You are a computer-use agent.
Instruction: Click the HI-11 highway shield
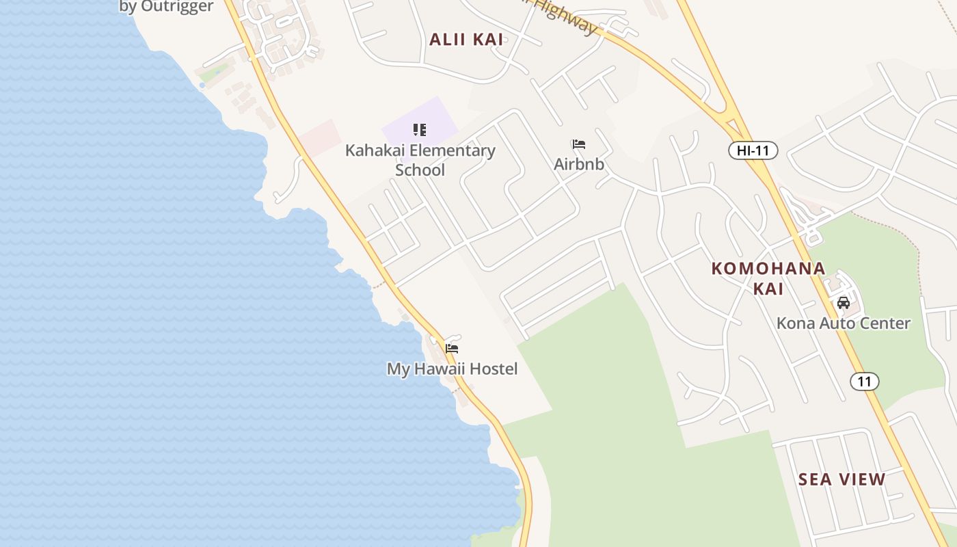pos(753,150)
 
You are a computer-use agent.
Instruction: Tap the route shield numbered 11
pos(865,382)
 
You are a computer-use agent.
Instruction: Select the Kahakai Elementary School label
pos(420,160)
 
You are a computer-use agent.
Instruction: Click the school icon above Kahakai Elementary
pos(420,130)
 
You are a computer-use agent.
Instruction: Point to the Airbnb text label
pos(579,164)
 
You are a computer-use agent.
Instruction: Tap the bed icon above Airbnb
pos(579,144)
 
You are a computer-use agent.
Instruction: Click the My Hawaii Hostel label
pos(452,369)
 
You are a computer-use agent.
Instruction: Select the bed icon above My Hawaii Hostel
pos(452,348)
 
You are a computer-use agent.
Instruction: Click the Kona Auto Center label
pos(843,323)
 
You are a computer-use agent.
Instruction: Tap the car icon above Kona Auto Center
pos(844,302)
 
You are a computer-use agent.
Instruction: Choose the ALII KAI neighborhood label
pos(466,40)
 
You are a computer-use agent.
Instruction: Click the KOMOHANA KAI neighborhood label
pos(768,278)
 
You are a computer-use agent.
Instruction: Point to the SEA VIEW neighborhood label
pos(841,479)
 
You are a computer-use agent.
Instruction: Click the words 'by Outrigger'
pos(166,7)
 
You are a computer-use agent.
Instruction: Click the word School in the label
pos(420,170)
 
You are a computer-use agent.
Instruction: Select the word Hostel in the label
pos(491,369)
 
